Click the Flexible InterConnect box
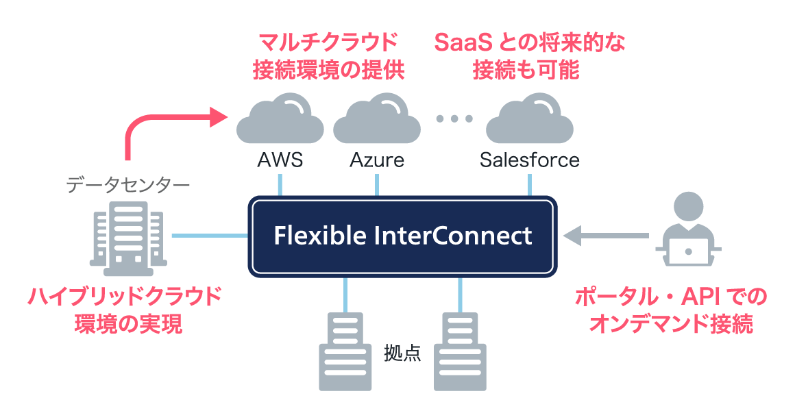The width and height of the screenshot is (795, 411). pos(402,236)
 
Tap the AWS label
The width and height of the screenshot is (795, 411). pos(280,160)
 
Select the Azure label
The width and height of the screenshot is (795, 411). pos(377,160)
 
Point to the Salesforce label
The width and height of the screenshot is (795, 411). pos(529,160)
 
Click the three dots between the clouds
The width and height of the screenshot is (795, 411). pos(454,119)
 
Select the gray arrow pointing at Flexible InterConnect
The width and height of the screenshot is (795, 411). pos(606,236)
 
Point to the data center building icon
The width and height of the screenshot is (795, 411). pos(128,238)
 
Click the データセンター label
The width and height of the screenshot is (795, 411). pos(127,185)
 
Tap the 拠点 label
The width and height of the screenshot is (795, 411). pos(402,353)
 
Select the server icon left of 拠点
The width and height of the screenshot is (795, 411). pos(345,351)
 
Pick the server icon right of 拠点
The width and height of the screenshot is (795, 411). pos(460,351)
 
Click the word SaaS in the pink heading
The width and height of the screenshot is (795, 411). pos(463,43)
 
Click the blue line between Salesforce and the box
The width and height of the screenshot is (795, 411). pos(529,185)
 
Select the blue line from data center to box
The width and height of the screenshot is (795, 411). pos(210,236)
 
